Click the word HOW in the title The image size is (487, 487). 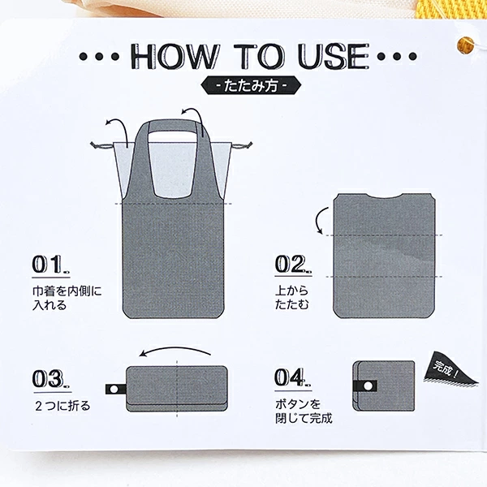click(x=175, y=56)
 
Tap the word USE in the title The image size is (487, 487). click(x=334, y=56)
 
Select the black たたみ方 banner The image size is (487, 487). click(x=251, y=85)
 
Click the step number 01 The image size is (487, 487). click(x=50, y=265)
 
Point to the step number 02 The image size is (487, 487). click(x=293, y=265)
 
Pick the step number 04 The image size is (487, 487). click(x=292, y=378)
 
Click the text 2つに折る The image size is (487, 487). click(x=62, y=406)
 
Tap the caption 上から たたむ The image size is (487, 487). click(x=292, y=298)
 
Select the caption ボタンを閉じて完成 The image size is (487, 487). click(x=304, y=412)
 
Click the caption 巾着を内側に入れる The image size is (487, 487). click(x=67, y=298)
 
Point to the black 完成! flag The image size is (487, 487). click(x=449, y=369)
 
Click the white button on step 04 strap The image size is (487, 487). click(x=368, y=386)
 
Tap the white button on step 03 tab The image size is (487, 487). click(x=114, y=389)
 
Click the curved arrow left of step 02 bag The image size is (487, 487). click(x=318, y=220)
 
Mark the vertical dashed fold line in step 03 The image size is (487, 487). click(x=177, y=388)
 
